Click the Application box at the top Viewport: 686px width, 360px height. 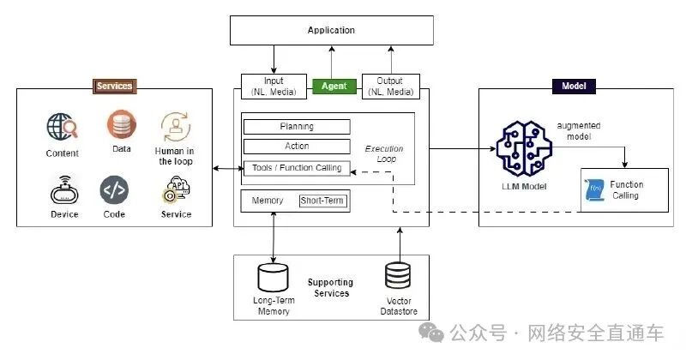click(332, 30)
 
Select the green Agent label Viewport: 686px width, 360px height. click(334, 87)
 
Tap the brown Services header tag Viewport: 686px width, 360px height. click(115, 87)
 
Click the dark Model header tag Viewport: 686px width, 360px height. click(574, 87)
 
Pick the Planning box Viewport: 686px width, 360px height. click(297, 127)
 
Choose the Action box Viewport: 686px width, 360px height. click(297, 147)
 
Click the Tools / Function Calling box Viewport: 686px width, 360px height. click(297, 168)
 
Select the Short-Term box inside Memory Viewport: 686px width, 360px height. click(322, 201)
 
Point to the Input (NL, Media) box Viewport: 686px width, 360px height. click(274, 87)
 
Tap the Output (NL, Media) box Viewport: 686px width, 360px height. click(391, 87)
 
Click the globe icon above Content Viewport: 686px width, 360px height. click(62, 127)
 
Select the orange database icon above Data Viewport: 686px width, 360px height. click(122, 124)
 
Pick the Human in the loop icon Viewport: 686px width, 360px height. click(176, 127)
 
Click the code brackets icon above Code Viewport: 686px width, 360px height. click(114, 190)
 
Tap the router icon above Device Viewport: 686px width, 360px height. click(65, 191)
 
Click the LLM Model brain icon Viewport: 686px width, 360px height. click(524, 149)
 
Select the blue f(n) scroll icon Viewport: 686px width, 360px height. click(595, 189)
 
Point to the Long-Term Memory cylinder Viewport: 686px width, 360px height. click(273, 278)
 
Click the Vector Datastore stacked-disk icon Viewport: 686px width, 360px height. click(398, 276)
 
